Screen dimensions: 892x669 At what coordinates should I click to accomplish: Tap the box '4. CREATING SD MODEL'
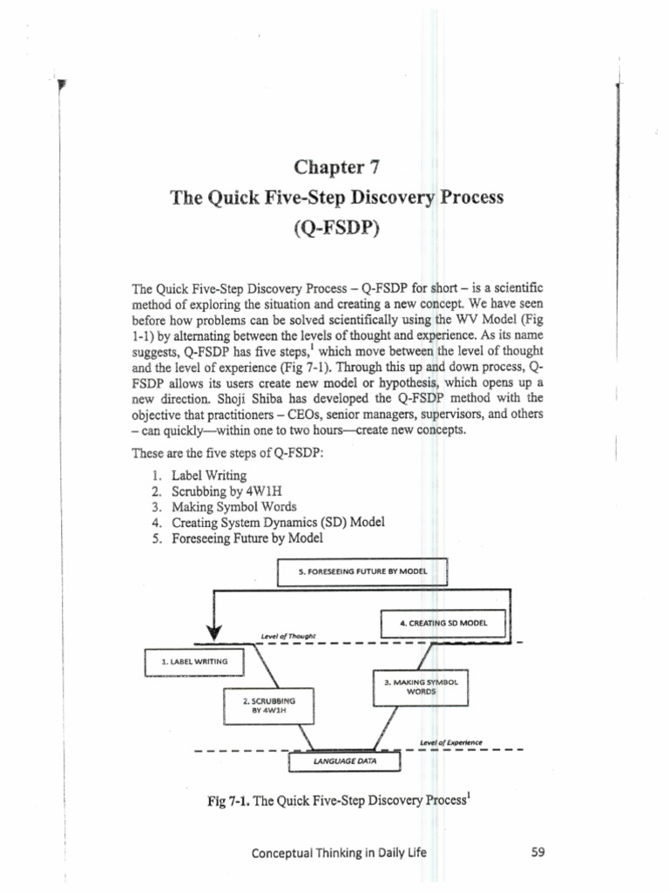pyautogui.click(x=444, y=624)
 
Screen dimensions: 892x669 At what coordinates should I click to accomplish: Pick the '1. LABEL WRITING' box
pyautogui.click(x=194, y=662)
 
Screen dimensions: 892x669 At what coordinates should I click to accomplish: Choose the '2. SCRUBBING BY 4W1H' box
pyautogui.click(x=269, y=704)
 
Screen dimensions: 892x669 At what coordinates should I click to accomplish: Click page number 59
pyautogui.click(x=537, y=853)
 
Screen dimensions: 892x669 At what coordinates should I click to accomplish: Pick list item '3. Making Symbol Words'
pyautogui.click(x=223, y=506)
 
